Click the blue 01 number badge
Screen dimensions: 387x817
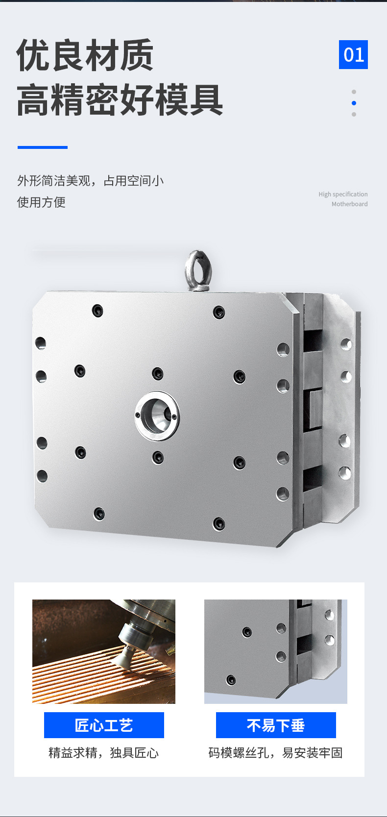(353, 55)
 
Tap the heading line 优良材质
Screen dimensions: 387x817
(85, 55)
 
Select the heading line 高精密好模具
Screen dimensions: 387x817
(120, 99)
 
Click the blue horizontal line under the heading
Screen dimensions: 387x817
(43, 147)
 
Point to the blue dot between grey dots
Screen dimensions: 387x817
(354, 103)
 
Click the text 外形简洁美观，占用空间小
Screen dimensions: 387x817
(91, 181)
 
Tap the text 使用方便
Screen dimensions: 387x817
(41, 202)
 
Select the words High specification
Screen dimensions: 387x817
(343, 194)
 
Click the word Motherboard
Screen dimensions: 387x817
(349, 204)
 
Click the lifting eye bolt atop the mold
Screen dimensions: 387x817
(198, 271)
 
